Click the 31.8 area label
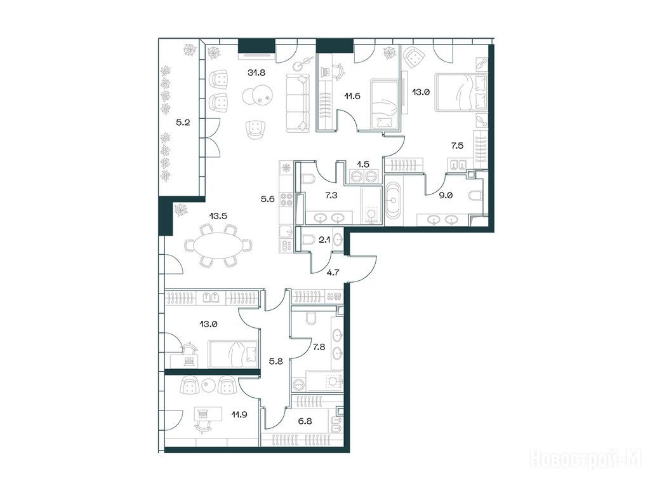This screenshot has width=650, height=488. (x=256, y=72)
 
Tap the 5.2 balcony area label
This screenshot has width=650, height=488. (x=183, y=123)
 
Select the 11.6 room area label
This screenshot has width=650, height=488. (x=352, y=97)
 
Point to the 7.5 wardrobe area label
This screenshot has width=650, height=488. (x=457, y=146)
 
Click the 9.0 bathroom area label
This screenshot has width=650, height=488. (x=446, y=195)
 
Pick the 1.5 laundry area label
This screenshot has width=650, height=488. (x=363, y=164)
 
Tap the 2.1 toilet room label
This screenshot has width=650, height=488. (x=324, y=240)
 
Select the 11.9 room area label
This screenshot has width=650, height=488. (x=239, y=414)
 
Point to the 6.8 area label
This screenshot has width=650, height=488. (x=305, y=421)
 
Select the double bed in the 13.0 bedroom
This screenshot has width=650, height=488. (x=461, y=93)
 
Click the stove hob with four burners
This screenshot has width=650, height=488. (x=286, y=200)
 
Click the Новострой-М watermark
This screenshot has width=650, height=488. (x=586, y=459)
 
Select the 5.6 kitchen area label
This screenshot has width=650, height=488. (x=267, y=200)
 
